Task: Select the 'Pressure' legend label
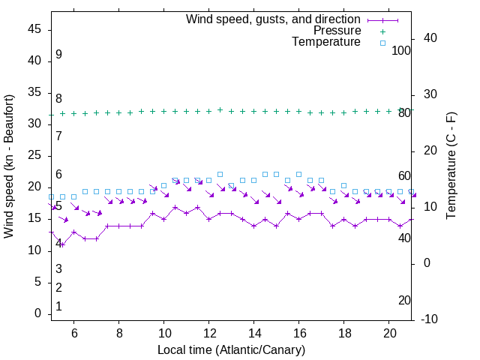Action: pyautogui.click(x=337, y=31)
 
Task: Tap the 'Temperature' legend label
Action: pyautogui.click(x=326, y=42)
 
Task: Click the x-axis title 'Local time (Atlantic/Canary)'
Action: pyautogui.click(x=231, y=350)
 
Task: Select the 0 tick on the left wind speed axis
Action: pyautogui.click(x=38, y=314)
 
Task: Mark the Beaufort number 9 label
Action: pyautogui.click(x=58, y=55)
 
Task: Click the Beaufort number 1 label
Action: pyautogui.click(x=58, y=307)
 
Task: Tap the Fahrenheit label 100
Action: pyautogui.click(x=401, y=50)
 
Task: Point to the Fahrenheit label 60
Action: pyautogui.click(x=404, y=175)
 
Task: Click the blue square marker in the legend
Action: pyautogui.click(x=382, y=43)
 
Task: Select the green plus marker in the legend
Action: pyautogui.click(x=382, y=31)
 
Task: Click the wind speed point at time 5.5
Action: pyautogui.click(x=62, y=244)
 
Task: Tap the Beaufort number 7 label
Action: pyautogui.click(x=58, y=136)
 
